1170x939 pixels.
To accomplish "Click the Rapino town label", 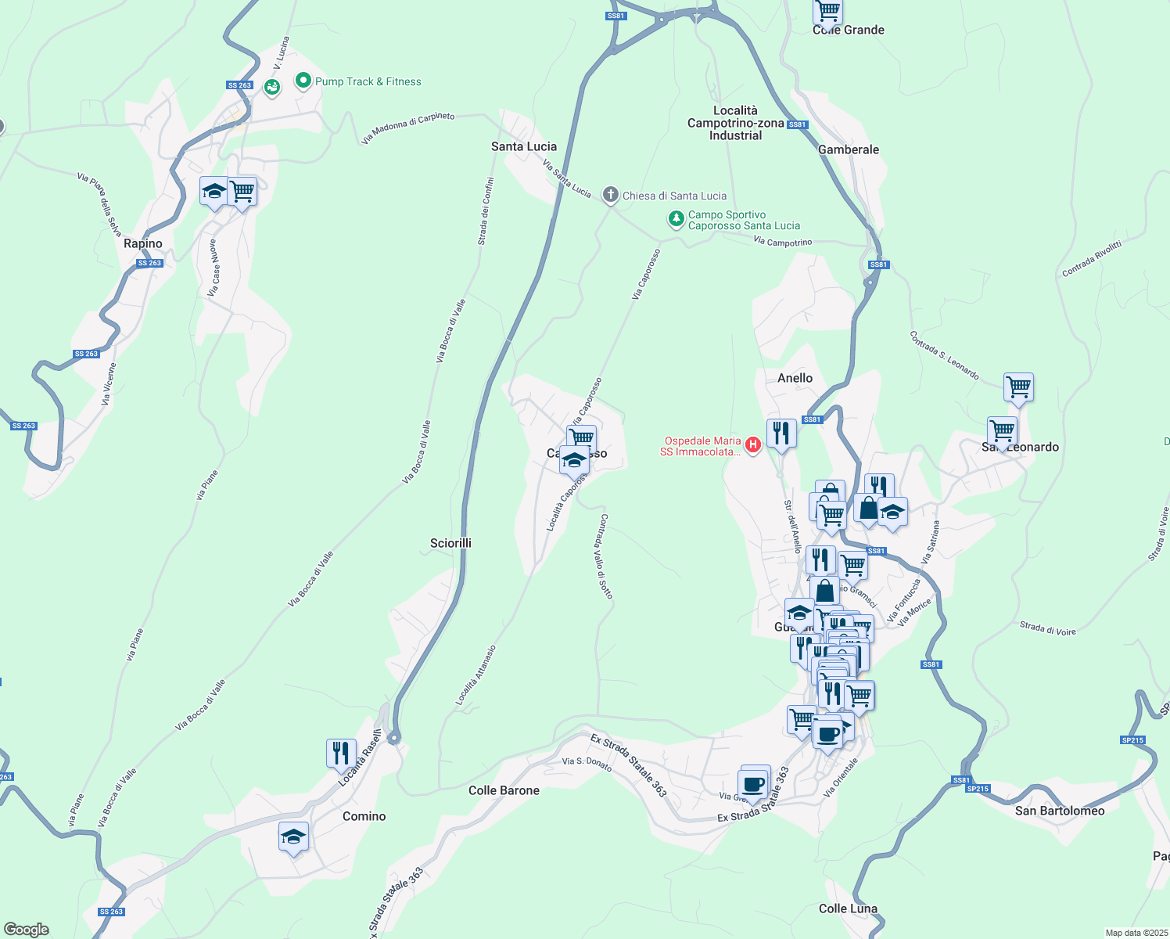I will coord(143,243).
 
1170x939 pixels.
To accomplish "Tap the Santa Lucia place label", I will coord(524,146).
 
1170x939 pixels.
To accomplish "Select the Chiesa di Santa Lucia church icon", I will coord(611,196).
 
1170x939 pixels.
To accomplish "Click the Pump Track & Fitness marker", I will coord(303,81).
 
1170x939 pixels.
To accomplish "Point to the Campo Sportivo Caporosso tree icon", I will coord(677,219).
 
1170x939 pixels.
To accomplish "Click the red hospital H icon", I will coord(753,445).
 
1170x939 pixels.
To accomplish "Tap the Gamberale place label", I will coord(849,149).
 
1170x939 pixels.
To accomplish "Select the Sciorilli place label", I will coord(450,543).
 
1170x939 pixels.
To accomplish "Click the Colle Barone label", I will coord(504,790).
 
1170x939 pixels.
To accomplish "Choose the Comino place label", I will coord(364,816).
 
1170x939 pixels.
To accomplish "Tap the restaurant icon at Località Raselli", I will coord(341,754).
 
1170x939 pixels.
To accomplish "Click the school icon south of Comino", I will coord(293,836).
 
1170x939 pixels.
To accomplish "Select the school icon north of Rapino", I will coord(214,192).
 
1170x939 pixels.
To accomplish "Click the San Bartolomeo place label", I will coord(1060,811).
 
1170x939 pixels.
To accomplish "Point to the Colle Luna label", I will coord(848,908).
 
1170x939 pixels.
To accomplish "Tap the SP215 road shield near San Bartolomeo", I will coord(978,789).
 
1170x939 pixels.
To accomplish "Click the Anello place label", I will coord(795,378).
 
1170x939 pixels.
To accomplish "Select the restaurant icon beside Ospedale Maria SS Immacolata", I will coord(781,432).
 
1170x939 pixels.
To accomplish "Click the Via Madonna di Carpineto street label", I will coord(407,128).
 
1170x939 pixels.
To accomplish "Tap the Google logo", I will coord(27,929).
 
